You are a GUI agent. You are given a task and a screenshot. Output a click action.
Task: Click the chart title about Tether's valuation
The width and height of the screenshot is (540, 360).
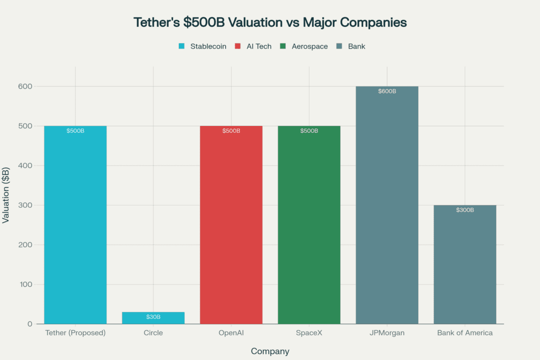point(270,23)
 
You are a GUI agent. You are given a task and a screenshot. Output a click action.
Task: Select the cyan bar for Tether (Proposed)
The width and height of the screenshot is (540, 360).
point(75,227)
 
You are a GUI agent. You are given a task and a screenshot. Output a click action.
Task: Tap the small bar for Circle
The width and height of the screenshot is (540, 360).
point(153,318)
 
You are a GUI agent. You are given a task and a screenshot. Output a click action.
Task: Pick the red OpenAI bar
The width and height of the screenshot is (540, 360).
point(231,227)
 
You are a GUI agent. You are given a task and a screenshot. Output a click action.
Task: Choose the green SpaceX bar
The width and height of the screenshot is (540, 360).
point(309,227)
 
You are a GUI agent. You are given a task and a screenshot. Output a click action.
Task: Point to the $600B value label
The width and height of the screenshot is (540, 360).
point(387,91)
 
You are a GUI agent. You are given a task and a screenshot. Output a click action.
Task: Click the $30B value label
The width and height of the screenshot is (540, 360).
point(153,317)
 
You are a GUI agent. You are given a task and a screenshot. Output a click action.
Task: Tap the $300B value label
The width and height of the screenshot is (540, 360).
point(465,210)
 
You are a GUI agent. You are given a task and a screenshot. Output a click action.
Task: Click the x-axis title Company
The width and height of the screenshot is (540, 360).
point(270,351)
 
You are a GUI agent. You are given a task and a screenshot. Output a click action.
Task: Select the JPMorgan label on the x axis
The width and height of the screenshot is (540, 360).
point(387,333)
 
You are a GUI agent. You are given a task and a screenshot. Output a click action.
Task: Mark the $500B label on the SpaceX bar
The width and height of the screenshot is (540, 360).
point(309,131)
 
